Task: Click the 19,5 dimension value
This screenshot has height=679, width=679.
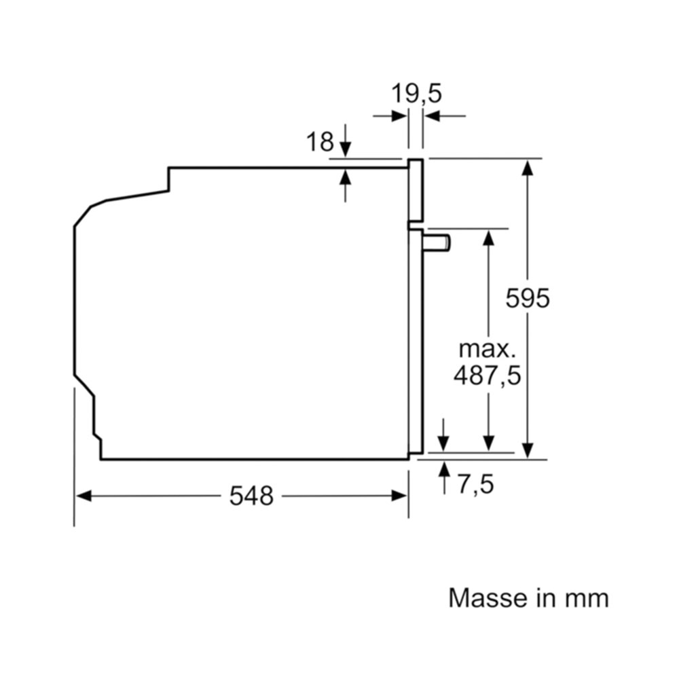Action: click(x=416, y=94)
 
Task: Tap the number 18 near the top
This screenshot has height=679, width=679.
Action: click(x=320, y=142)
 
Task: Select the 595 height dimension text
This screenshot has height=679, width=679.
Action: click(x=528, y=298)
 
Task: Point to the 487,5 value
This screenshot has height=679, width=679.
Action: click(x=487, y=375)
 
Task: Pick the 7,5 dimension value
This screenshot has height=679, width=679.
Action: click(x=475, y=483)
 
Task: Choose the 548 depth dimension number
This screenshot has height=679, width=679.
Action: click(x=251, y=496)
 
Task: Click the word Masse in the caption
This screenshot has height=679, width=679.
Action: click(x=488, y=598)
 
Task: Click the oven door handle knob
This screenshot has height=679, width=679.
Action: click(x=437, y=242)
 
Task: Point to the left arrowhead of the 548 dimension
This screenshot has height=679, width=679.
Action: click(x=84, y=496)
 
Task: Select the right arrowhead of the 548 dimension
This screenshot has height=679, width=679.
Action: click(x=399, y=496)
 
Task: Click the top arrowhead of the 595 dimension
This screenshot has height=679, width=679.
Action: click(x=527, y=168)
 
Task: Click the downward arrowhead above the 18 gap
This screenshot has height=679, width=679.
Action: click(x=345, y=149)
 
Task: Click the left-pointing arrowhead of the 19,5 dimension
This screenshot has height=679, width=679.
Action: click(x=432, y=116)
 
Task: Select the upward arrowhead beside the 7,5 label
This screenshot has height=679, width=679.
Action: click(x=443, y=470)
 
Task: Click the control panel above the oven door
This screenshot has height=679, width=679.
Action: click(x=416, y=189)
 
